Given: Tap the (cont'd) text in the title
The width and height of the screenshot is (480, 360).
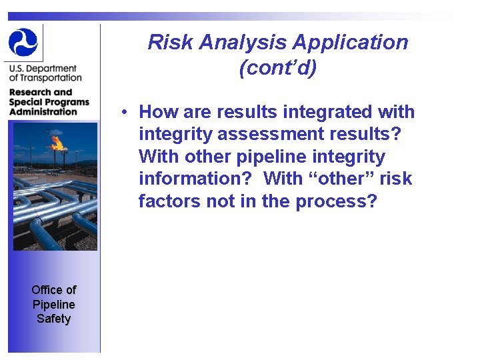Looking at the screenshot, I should pyautogui.click(x=277, y=68).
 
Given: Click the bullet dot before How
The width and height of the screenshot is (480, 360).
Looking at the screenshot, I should pyautogui.click(x=125, y=112).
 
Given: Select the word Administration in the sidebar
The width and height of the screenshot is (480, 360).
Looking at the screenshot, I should pyautogui.click(x=43, y=111).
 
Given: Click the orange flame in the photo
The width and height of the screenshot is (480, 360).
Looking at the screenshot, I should pyautogui.click(x=57, y=142).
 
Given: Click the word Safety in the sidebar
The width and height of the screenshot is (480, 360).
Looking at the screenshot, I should pyautogui.click(x=54, y=319).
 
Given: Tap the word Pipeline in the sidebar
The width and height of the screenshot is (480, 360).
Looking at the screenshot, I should pyautogui.click(x=54, y=304).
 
